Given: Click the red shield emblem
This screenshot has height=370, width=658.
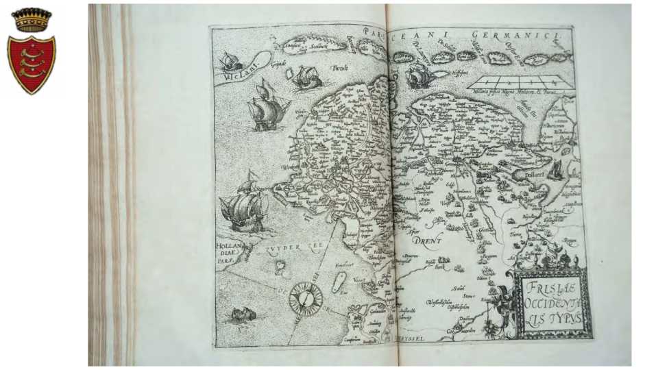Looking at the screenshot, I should (x=31, y=64).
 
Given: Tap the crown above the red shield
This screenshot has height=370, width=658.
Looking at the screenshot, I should (x=31, y=20).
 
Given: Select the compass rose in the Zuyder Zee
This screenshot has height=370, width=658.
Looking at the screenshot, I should (x=305, y=299).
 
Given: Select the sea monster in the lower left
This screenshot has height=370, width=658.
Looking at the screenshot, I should (x=238, y=315).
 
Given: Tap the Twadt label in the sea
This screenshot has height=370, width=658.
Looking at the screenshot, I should (x=339, y=69).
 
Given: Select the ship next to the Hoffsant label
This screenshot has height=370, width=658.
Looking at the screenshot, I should (x=419, y=75).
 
